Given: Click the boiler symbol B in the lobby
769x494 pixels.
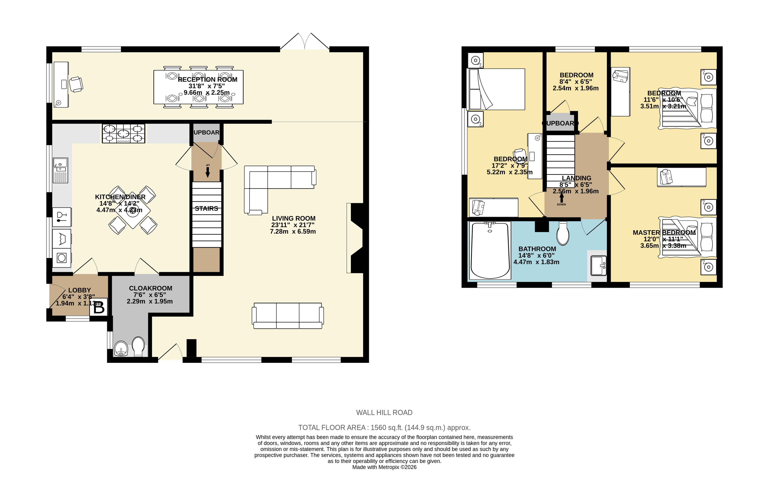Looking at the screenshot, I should (98, 307).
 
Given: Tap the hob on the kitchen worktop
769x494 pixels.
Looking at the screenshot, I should (123, 134).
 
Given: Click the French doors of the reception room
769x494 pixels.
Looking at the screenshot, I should (305, 42).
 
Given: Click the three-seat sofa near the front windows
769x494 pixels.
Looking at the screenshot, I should (288, 316).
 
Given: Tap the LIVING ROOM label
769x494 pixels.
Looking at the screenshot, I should (293, 218).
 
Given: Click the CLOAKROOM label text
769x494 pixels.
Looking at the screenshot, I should (150, 288).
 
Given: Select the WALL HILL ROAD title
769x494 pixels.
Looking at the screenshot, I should (384, 412).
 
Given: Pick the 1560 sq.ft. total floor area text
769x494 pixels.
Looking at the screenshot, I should (384, 428).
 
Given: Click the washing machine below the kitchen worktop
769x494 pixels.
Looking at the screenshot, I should (62, 258).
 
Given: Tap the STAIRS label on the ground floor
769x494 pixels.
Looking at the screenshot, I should (206, 209).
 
